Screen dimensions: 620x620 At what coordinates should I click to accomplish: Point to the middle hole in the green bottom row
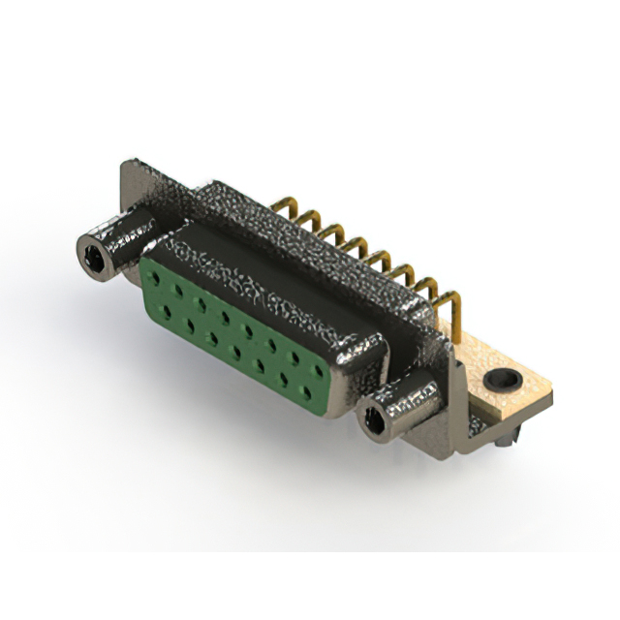(x=235, y=350)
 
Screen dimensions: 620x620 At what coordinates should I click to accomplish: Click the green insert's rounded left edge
(x=145, y=291)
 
